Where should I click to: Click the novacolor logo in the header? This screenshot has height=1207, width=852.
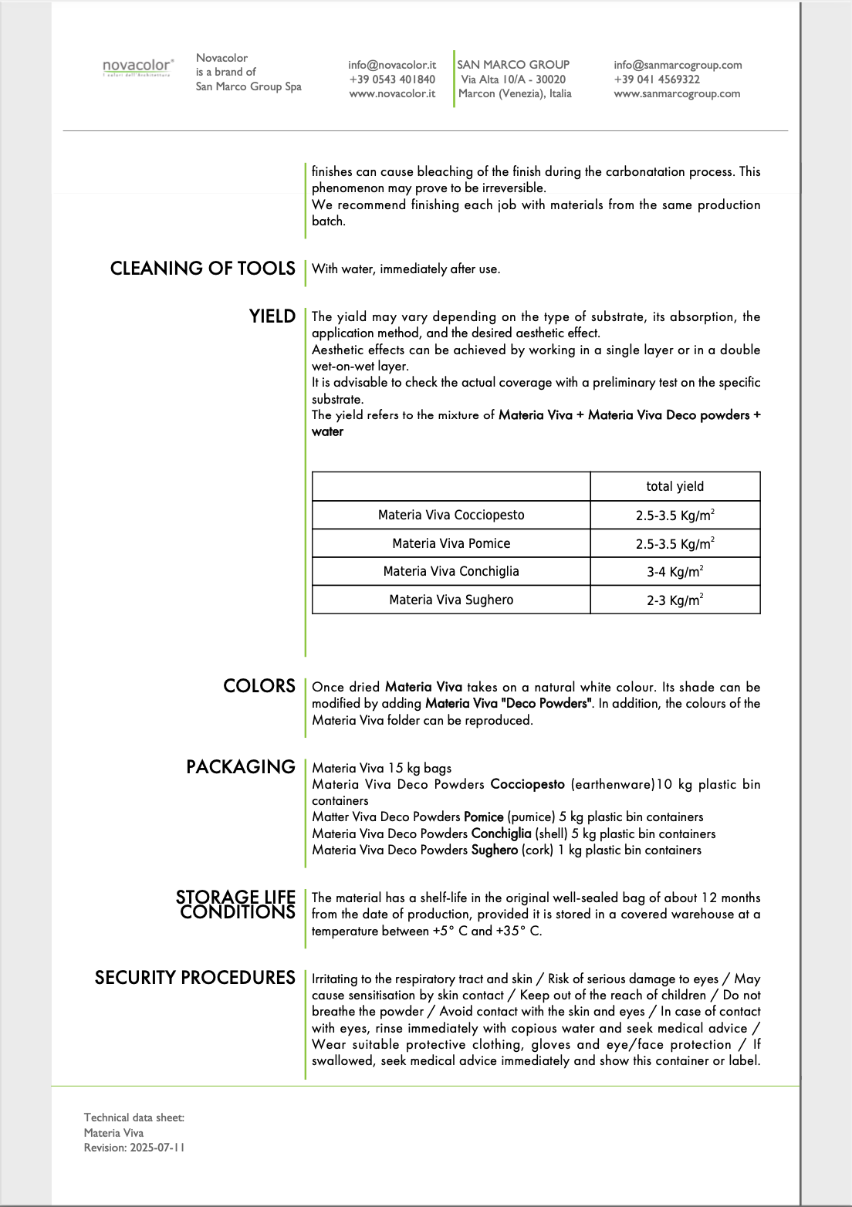(138, 67)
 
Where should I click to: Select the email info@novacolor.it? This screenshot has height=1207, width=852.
(392, 65)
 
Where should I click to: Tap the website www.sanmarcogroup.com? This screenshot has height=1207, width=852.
(677, 93)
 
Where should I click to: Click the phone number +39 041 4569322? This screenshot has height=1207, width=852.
(657, 79)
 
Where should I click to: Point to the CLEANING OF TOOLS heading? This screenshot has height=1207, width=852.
(202, 268)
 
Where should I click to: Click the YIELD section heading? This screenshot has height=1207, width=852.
(272, 316)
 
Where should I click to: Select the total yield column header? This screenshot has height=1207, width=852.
(674, 486)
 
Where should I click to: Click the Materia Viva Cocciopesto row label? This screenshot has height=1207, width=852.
(451, 515)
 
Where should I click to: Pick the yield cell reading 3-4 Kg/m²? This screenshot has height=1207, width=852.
(674, 572)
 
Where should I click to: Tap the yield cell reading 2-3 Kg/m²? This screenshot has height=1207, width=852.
(674, 600)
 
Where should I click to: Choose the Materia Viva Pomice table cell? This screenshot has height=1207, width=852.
(451, 543)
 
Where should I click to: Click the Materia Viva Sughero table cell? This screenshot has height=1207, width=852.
(451, 600)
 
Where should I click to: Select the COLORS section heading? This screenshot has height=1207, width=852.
(259, 685)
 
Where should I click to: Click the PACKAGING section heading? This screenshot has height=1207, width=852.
(241, 766)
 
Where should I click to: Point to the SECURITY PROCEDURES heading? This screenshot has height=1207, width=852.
(195, 977)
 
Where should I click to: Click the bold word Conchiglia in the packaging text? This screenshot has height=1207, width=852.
(501, 833)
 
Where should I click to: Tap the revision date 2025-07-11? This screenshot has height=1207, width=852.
(157, 1148)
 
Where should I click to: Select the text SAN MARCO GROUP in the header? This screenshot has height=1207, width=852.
(513, 65)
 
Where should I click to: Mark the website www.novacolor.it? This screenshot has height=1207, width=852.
(392, 93)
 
